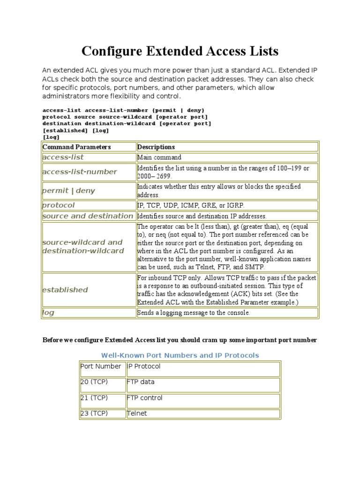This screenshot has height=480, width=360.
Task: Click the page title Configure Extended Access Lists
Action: pos(180,51)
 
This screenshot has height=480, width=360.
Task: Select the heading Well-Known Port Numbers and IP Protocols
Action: pos(180,355)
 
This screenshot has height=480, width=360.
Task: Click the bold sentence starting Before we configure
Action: pos(180,340)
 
